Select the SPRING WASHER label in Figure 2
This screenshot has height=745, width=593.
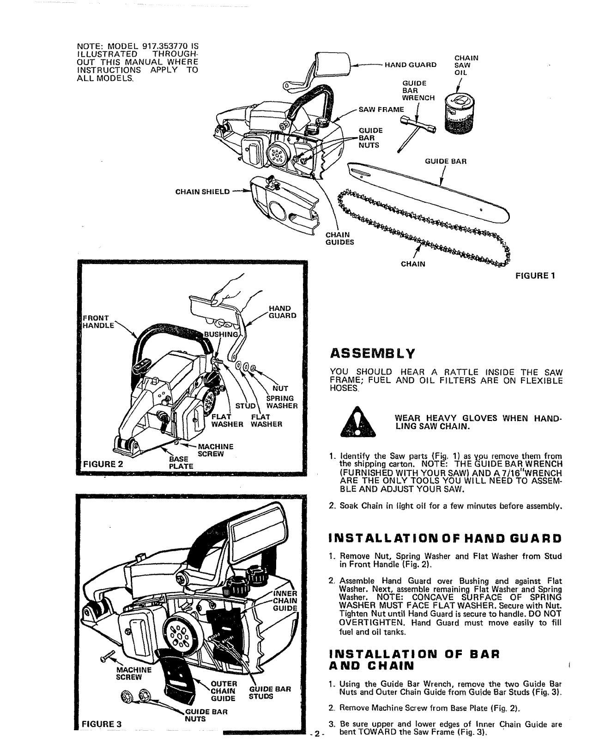pyautogui.click(x=281, y=402)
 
